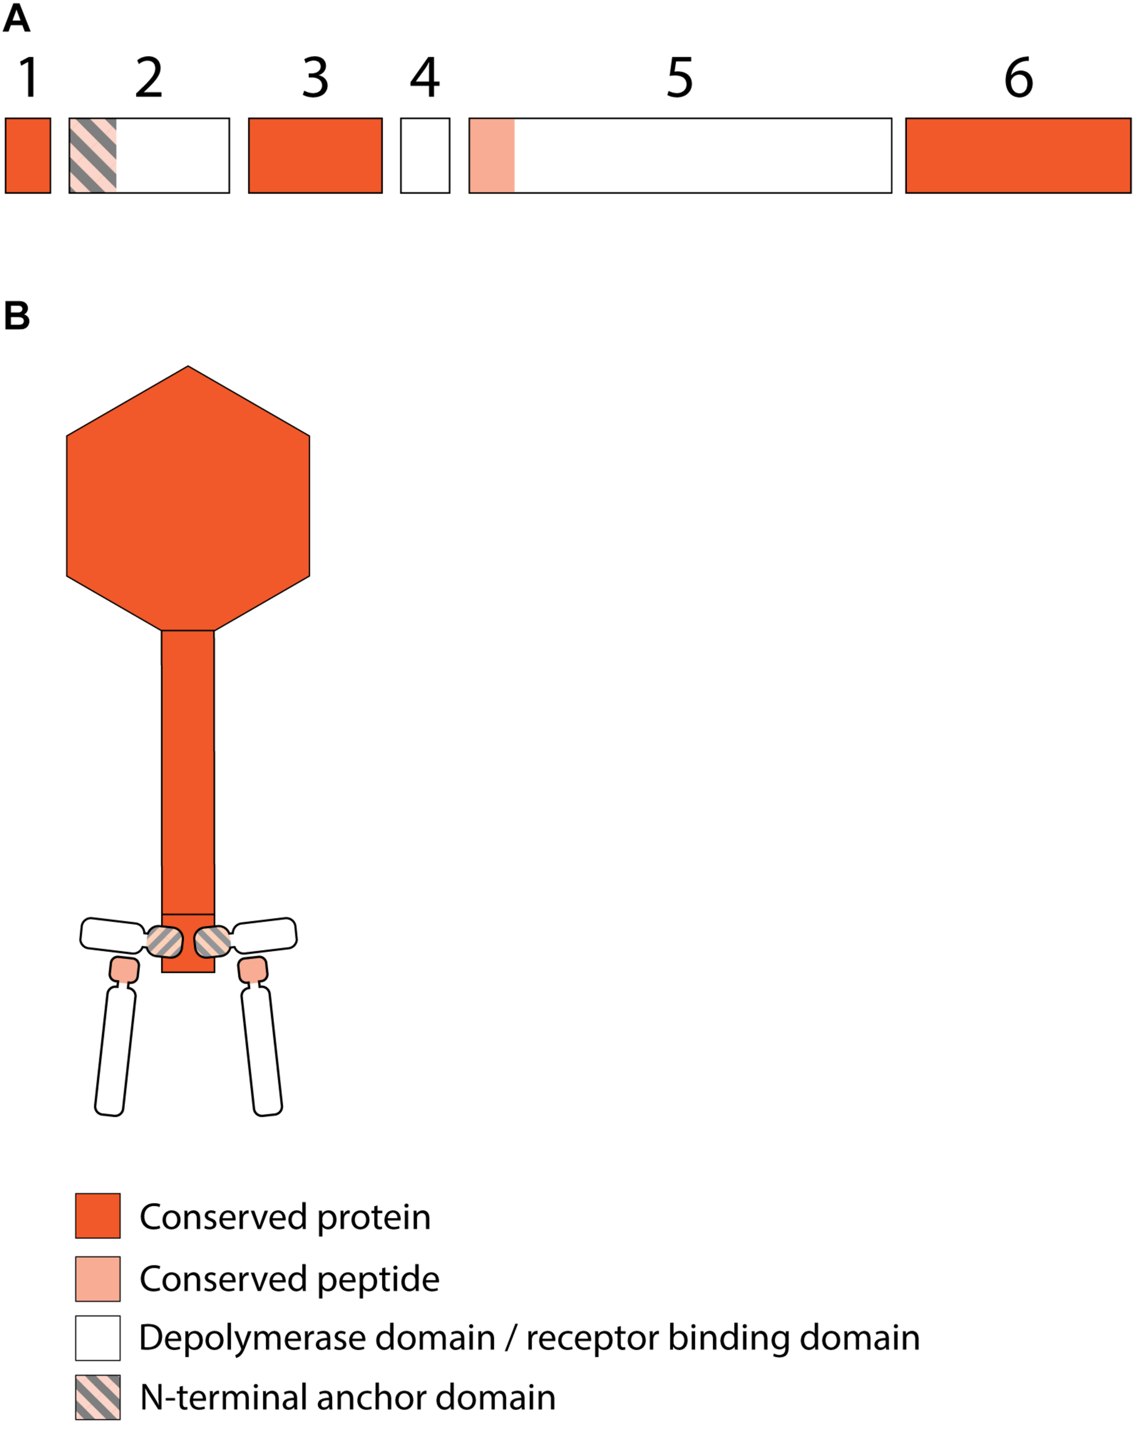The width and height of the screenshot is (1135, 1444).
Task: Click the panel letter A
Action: click(x=17, y=18)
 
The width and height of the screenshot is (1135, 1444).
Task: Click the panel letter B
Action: click(x=17, y=315)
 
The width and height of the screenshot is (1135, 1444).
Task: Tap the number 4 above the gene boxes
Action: click(x=425, y=78)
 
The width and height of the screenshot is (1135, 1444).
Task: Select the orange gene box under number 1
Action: click(x=28, y=155)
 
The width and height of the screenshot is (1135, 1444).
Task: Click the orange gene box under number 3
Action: click(x=316, y=155)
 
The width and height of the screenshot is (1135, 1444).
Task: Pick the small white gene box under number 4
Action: click(x=425, y=155)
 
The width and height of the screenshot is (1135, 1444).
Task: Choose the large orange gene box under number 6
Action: click(x=1018, y=155)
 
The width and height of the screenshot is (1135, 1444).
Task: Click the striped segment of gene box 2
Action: click(x=93, y=155)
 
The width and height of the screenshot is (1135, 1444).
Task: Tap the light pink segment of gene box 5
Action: click(x=492, y=155)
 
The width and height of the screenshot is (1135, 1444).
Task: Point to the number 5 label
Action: click(x=680, y=78)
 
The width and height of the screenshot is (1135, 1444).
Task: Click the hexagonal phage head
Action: click(x=188, y=498)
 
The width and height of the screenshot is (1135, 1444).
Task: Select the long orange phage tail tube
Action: click(x=188, y=772)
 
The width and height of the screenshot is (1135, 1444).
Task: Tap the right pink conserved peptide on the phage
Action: click(x=253, y=970)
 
